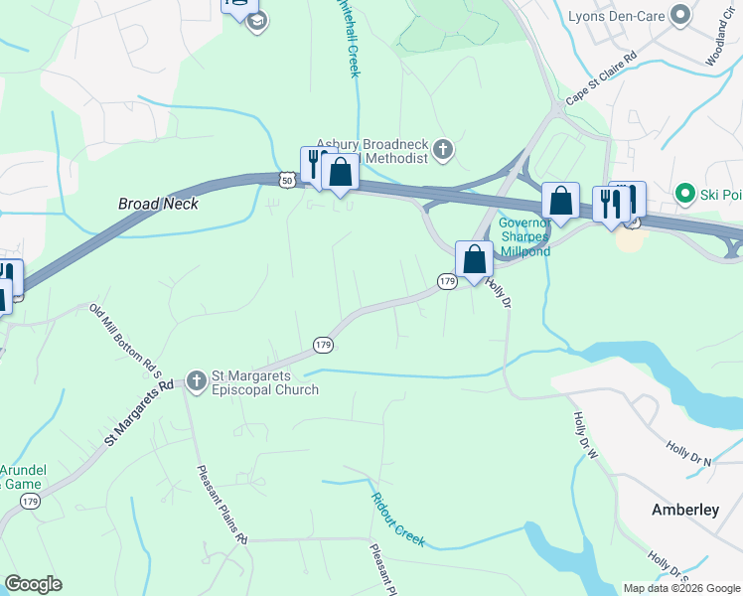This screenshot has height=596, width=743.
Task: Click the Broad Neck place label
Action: [159, 203]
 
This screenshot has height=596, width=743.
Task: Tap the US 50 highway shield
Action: [286, 181]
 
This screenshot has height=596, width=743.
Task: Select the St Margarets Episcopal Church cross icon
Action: [196, 378]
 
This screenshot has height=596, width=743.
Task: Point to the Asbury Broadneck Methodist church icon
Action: [443, 151]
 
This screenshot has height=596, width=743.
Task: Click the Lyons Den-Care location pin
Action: [680, 15]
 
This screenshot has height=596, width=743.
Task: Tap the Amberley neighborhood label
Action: [684, 510]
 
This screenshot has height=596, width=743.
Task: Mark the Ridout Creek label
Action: [398, 521]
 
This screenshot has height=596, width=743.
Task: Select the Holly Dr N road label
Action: [690, 454]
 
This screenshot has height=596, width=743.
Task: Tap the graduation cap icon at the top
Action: [256, 21]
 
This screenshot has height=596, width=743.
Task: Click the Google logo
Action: [33, 584]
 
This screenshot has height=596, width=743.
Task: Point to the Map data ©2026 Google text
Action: [681, 588]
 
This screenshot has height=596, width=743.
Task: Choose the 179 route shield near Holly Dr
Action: [447, 283]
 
